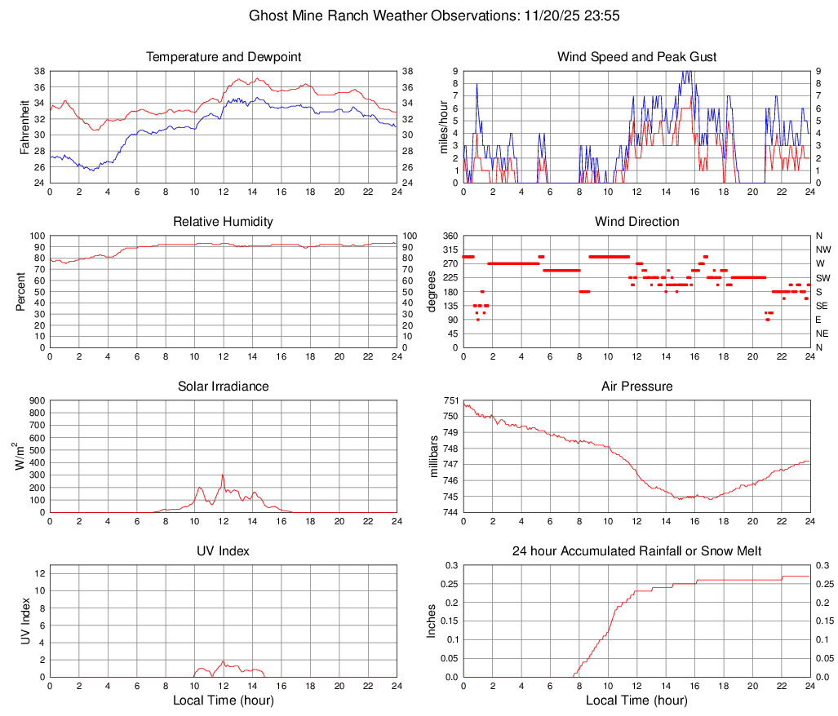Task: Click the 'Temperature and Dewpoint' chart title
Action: click(x=223, y=57)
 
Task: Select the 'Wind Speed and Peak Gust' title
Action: click(x=636, y=57)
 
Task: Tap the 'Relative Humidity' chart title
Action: click(x=223, y=222)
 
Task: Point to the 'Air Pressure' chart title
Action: click(x=636, y=386)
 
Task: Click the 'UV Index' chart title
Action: click(x=223, y=551)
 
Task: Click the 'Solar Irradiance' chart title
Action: click(x=223, y=386)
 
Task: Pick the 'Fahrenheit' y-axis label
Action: click(x=25, y=126)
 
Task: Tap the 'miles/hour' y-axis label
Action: click(x=444, y=126)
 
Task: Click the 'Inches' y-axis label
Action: click(x=433, y=621)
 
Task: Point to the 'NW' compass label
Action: click(x=822, y=250)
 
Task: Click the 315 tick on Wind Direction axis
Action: click(x=450, y=250)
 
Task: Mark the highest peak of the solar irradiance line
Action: click(x=223, y=475)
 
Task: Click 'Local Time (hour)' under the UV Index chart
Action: click(x=223, y=701)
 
